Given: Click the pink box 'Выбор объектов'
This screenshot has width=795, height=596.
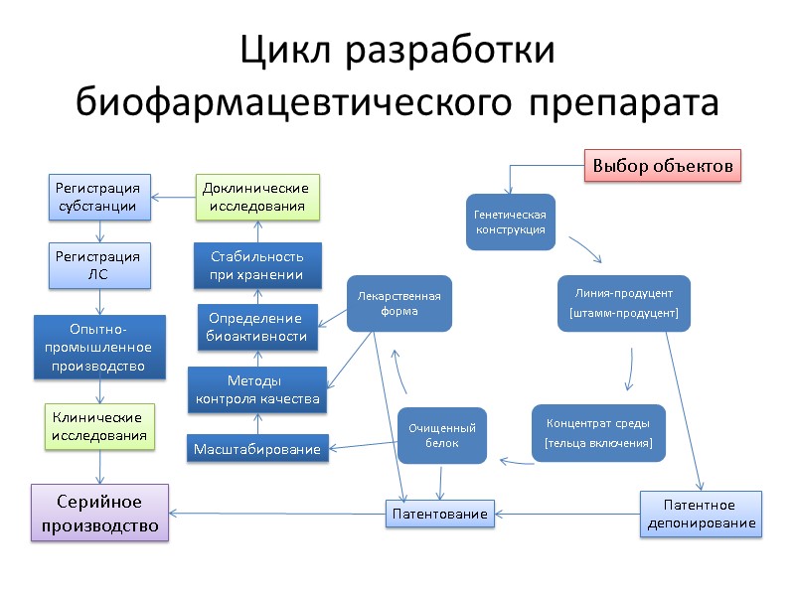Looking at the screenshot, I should (x=662, y=165).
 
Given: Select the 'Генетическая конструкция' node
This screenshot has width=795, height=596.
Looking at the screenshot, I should (x=507, y=223).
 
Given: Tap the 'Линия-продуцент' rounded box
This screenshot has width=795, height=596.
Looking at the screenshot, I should (x=623, y=303).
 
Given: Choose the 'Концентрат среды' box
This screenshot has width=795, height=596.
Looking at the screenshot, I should (x=598, y=432).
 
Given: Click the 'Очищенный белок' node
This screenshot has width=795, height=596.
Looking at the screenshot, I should (x=442, y=435).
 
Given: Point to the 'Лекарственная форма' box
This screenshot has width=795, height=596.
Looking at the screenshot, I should (x=398, y=303).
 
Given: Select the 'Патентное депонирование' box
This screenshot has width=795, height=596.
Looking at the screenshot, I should (x=700, y=514).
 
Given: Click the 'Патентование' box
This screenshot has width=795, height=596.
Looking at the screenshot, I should (x=439, y=514).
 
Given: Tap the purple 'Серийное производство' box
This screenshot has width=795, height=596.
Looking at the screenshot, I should (x=99, y=513).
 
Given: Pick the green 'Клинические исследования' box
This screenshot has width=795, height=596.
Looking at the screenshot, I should (x=99, y=426).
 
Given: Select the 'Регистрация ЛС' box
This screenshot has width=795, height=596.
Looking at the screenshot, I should (x=99, y=266).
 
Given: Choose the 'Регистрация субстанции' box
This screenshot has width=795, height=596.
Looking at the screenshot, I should (x=99, y=197).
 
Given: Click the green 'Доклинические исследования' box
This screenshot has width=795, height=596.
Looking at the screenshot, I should (x=256, y=197).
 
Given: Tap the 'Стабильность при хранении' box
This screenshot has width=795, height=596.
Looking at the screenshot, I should (x=256, y=266).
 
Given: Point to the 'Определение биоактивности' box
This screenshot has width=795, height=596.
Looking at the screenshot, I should (x=256, y=328).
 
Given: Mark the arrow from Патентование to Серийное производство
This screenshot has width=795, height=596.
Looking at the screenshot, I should (x=278, y=514).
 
